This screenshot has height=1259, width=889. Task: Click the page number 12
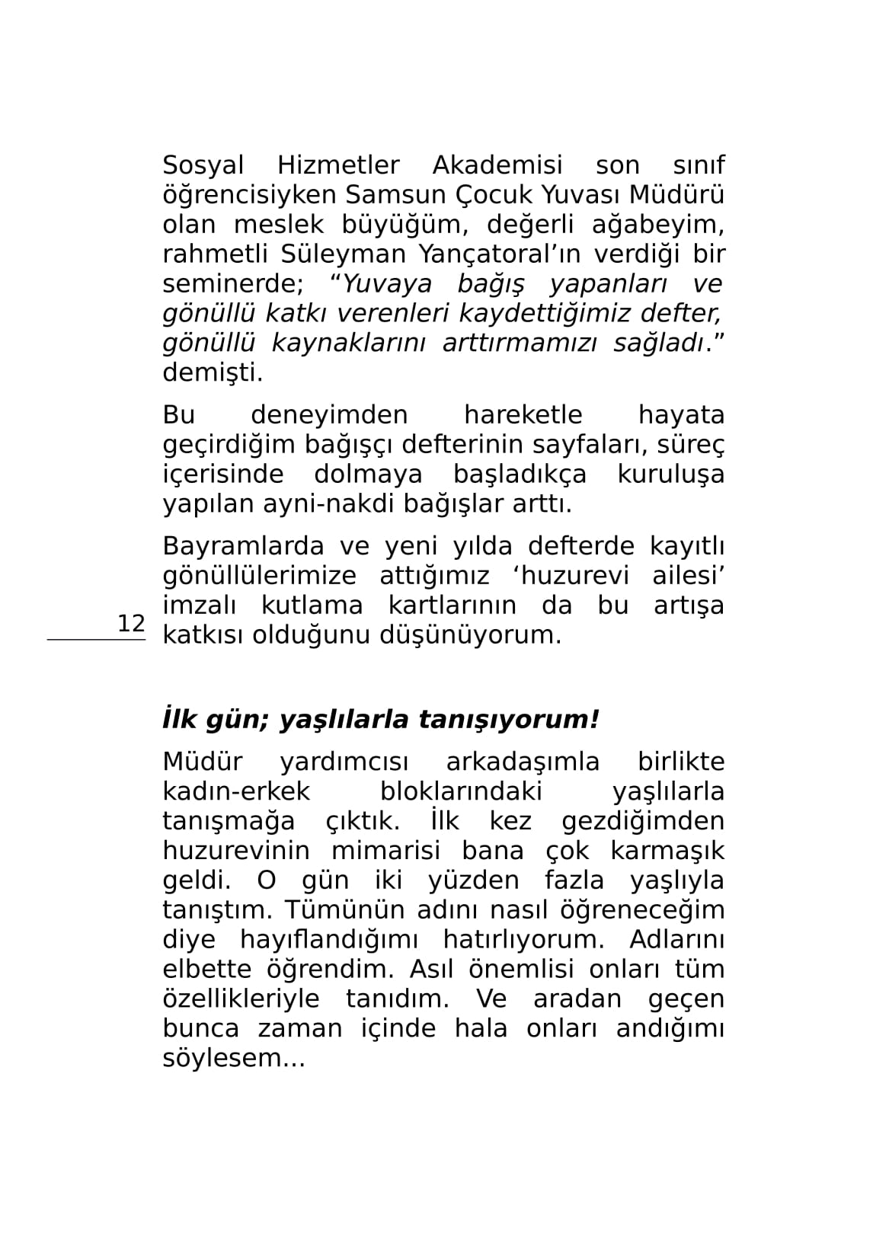point(130,623)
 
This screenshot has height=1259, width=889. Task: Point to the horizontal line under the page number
point(96,640)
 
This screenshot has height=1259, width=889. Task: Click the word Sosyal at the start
point(203,165)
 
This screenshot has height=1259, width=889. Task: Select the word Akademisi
point(497,165)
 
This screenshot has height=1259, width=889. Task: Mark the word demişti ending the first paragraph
point(213,373)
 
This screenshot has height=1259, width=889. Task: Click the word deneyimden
point(329,415)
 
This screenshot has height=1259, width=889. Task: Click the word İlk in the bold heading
point(179,719)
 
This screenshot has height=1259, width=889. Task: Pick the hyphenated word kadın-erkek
point(236,791)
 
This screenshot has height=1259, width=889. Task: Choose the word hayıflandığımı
point(334,940)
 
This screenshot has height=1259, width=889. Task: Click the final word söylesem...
point(233,1059)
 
